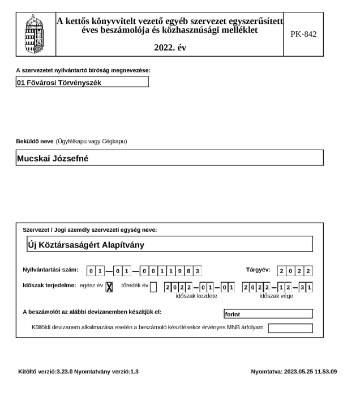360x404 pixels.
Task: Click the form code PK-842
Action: click(305, 34)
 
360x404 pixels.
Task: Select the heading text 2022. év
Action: click(170, 48)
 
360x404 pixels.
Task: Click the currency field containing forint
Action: click(268, 313)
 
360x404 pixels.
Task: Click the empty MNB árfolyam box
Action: click(290, 328)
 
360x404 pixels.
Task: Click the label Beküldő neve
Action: click(35, 140)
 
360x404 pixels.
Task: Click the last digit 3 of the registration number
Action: click(198, 271)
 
